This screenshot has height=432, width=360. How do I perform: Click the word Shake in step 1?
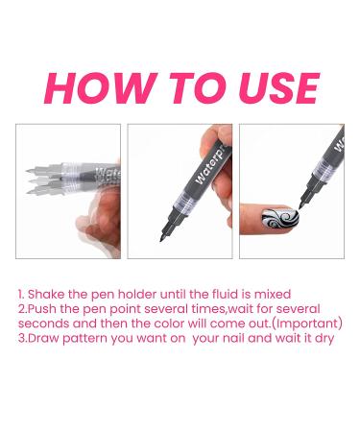[x=46, y=294]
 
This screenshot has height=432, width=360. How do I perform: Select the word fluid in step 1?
[x=228, y=294]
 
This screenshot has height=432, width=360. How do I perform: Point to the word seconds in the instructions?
[x=44, y=324]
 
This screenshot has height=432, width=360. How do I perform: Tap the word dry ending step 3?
[x=323, y=339]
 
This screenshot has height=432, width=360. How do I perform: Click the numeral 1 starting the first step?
[x=19, y=294]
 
